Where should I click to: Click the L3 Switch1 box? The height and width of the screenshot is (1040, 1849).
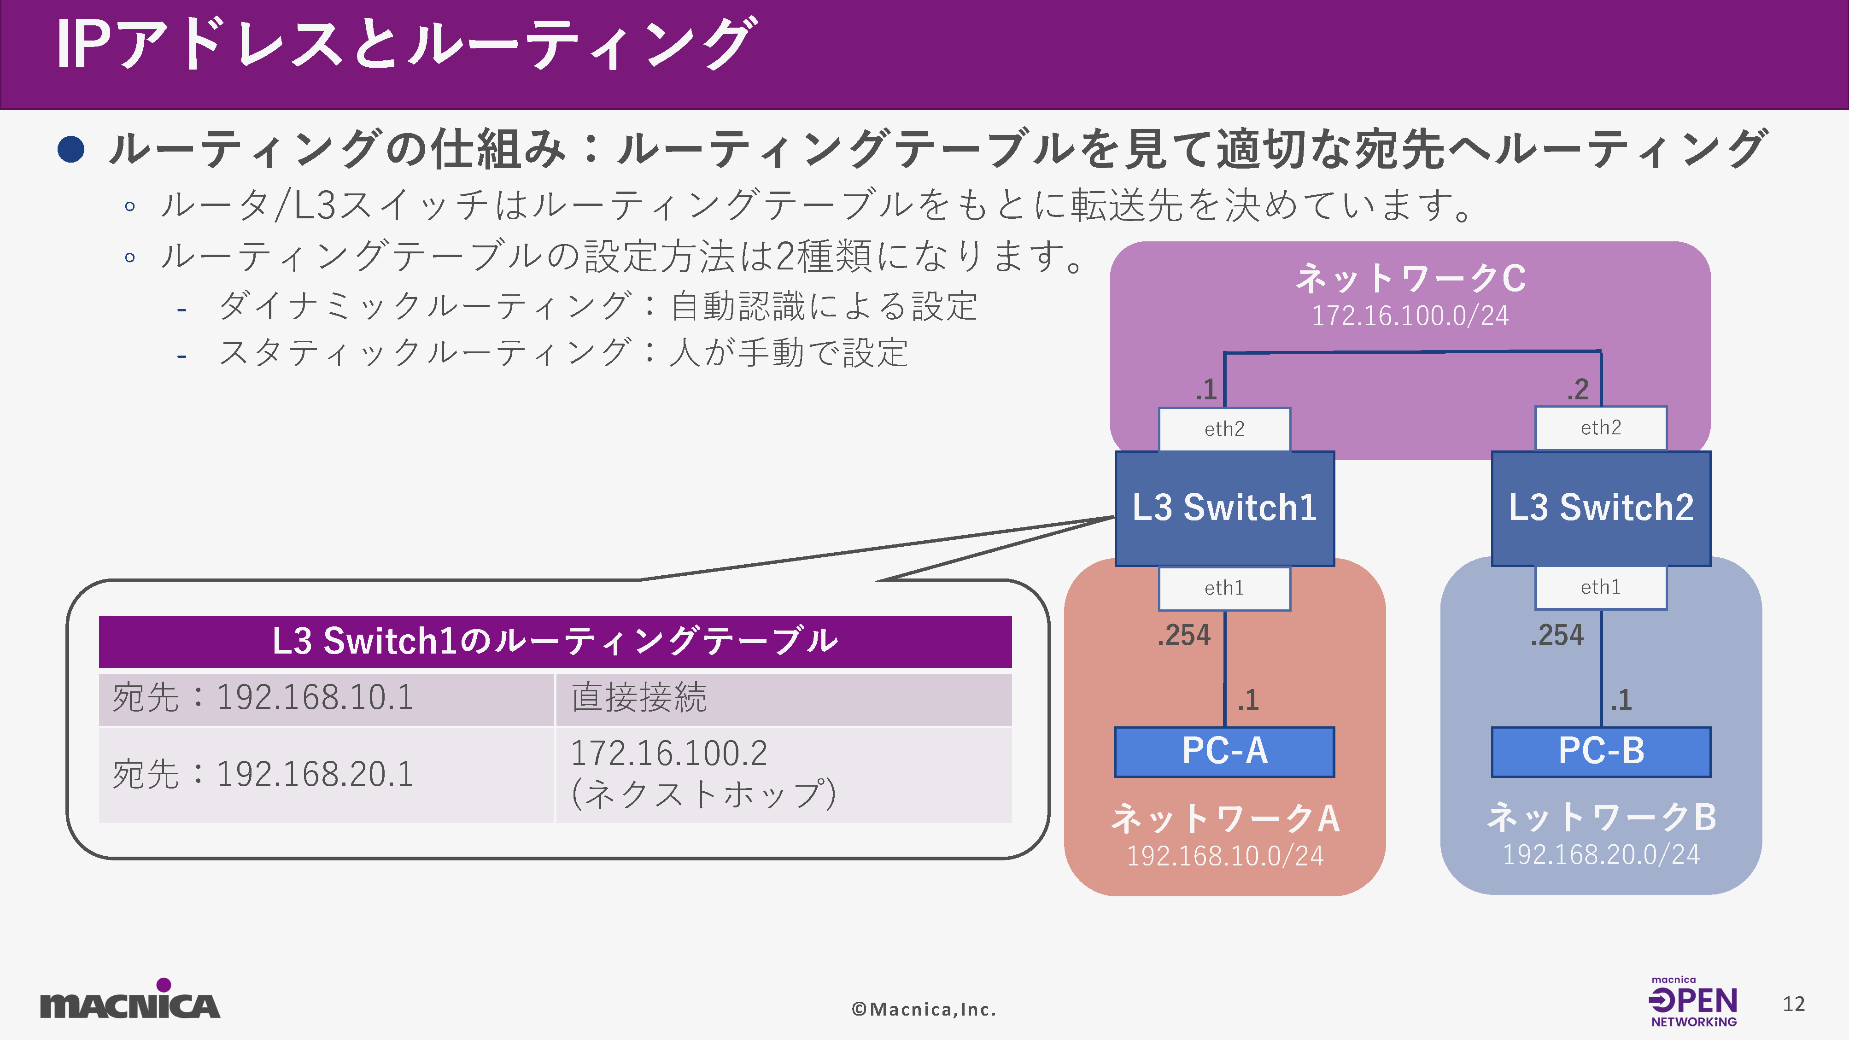[x=1224, y=508]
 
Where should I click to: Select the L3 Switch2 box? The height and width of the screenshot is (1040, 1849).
[x=1601, y=508]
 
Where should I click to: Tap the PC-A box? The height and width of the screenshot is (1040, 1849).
[x=1224, y=752]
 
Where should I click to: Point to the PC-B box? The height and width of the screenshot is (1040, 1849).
[x=1601, y=752]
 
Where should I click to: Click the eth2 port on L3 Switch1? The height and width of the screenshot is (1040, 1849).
[x=1224, y=429]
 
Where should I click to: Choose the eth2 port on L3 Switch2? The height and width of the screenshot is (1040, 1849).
[x=1601, y=428]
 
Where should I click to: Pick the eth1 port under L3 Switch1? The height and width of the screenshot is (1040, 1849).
[x=1224, y=589]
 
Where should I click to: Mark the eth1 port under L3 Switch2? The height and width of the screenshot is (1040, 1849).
[x=1601, y=587]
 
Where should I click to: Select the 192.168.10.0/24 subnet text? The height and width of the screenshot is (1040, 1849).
[x=1224, y=856]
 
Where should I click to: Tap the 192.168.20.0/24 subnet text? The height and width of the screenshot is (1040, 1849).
[x=1601, y=855]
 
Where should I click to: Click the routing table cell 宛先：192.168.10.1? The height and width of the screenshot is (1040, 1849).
[x=327, y=698]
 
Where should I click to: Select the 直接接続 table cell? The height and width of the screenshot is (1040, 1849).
[x=783, y=698]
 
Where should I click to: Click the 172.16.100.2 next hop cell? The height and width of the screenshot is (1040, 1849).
[x=783, y=774]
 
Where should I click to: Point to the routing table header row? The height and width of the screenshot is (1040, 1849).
[x=555, y=641]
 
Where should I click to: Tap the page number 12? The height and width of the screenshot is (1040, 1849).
[x=1793, y=1004]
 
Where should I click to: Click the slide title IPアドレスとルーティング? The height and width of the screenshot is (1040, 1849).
[x=405, y=45]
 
